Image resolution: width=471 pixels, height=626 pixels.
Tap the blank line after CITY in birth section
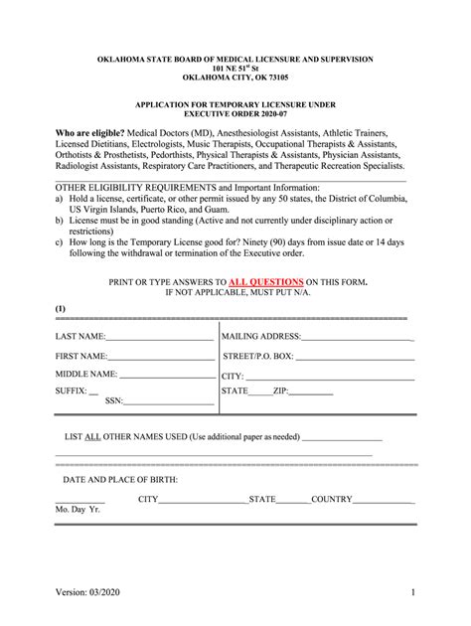tap(203, 500)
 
